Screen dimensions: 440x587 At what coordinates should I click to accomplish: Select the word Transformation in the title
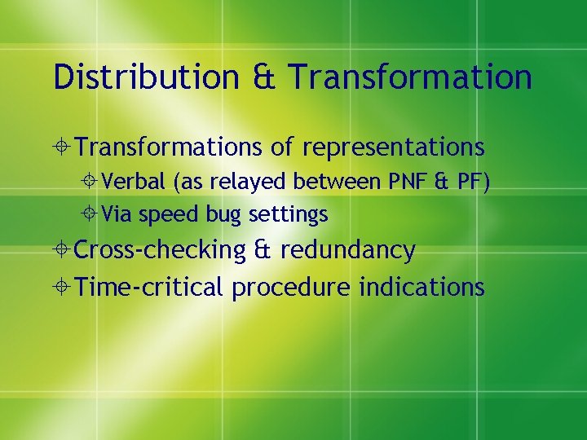[x=410, y=77]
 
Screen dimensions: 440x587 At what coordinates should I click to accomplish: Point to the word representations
[x=393, y=147]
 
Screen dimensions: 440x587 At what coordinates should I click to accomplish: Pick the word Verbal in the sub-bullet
[x=135, y=182]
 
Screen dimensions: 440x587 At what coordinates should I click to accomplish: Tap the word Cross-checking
[x=160, y=250]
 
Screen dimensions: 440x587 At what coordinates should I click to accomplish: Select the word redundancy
[x=347, y=250]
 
